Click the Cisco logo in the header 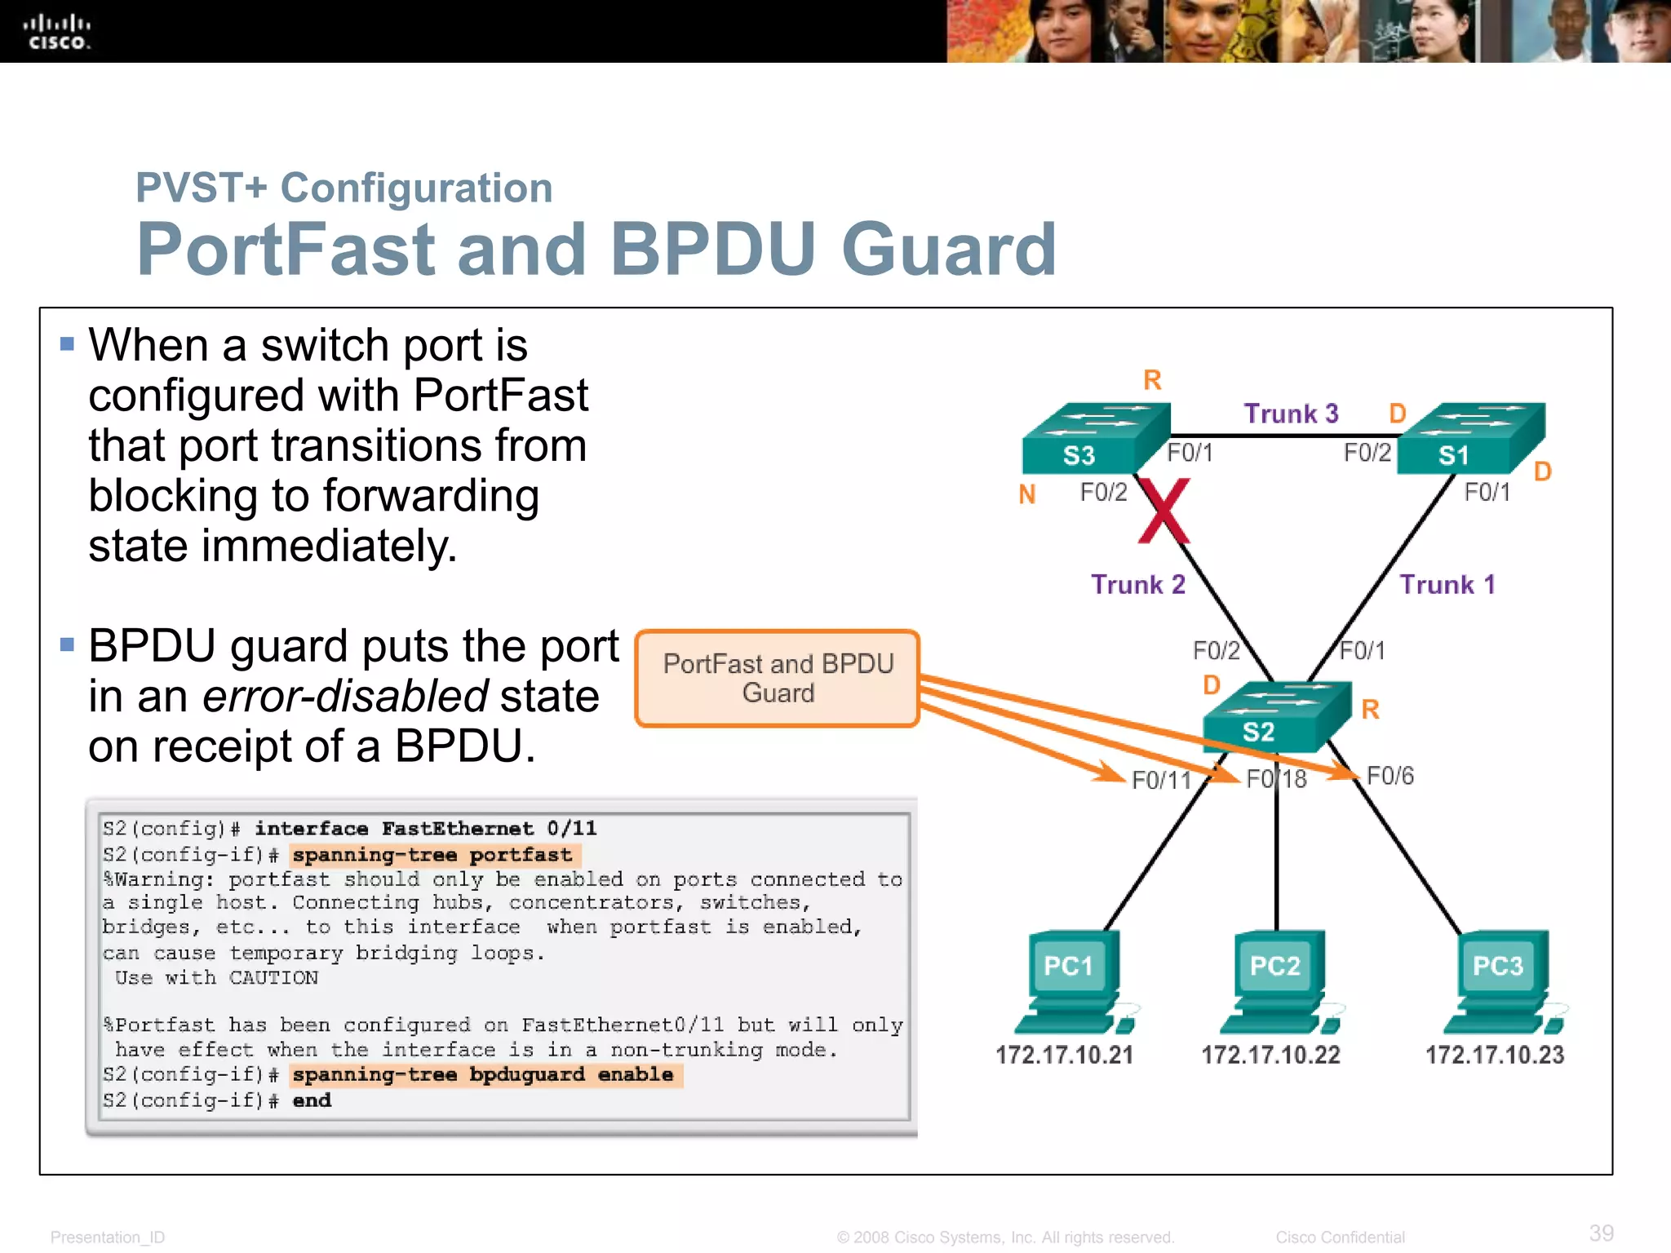56,33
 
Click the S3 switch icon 1093,441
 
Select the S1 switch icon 1469,441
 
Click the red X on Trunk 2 1164,511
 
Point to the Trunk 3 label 1291,414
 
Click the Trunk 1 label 1447,584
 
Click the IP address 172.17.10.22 1270,1055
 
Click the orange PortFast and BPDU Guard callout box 778,678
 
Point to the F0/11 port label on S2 1162,781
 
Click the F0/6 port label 1390,776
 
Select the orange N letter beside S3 1027,494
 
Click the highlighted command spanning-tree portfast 433,855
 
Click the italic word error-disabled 345,696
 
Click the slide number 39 1601,1233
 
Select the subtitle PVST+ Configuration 344,188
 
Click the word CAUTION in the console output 273,977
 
